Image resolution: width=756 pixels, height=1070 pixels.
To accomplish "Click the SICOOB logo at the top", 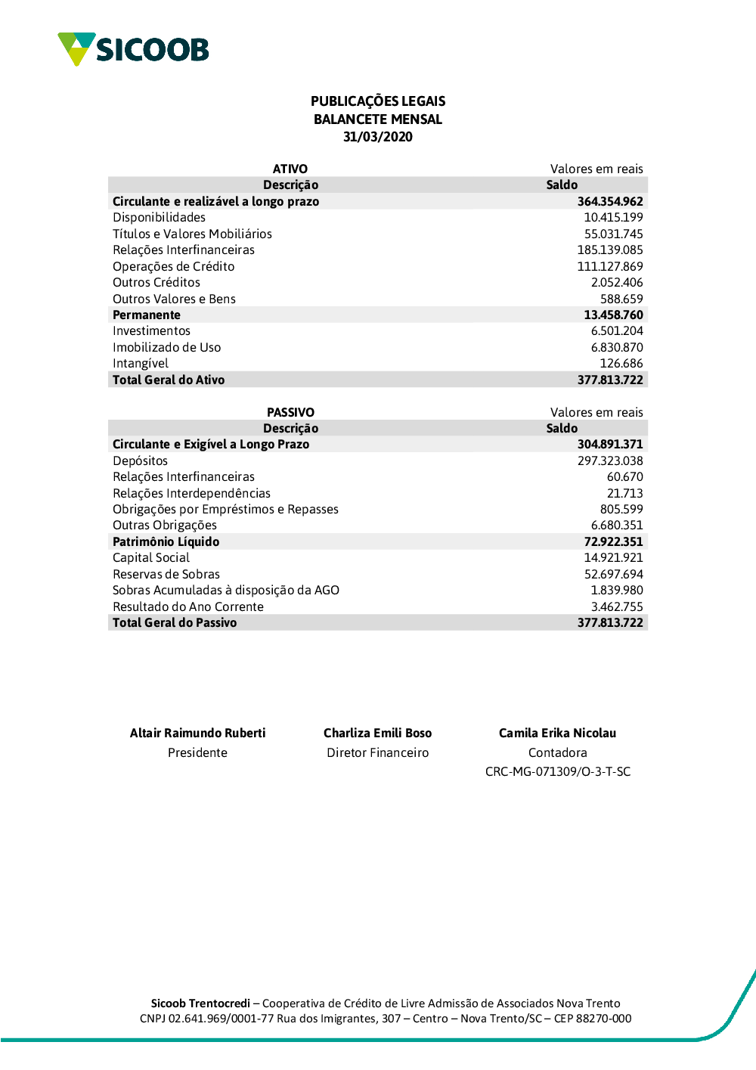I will [133, 49].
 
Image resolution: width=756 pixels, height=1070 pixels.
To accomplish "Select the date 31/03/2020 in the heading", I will [378, 137].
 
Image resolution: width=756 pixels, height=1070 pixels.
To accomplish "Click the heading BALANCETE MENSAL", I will [378, 119].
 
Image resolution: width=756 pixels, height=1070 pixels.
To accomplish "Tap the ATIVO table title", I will [290, 169].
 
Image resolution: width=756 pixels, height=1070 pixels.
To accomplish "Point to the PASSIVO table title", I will [290, 412].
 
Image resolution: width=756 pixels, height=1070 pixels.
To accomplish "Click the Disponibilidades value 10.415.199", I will [613, 218].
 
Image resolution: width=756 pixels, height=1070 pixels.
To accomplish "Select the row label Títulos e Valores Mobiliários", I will [192, 234].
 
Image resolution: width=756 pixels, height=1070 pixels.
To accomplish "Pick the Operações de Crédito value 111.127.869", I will [610, 266].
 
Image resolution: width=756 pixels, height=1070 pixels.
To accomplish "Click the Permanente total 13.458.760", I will [613, 315].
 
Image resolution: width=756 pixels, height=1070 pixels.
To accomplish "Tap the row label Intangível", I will [141, 364].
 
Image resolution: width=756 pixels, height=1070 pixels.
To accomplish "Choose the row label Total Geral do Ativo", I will [169, 380].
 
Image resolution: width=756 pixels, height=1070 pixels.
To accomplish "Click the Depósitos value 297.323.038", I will [610, 461].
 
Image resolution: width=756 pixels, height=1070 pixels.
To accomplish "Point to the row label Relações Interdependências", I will [191, 493].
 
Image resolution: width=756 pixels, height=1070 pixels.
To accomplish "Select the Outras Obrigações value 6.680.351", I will [617, 526].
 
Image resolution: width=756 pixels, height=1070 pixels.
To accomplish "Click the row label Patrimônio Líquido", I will [166, 541].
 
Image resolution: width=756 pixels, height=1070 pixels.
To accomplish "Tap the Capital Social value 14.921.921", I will [613, 558].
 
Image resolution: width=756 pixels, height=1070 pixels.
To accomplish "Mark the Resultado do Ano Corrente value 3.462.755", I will [617, 606].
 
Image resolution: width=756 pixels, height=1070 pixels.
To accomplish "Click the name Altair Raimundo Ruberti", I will [197, 733].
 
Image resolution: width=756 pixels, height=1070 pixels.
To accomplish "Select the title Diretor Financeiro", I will [377, 752].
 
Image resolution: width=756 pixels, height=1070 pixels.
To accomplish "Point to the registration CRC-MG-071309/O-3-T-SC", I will [558, 771].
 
